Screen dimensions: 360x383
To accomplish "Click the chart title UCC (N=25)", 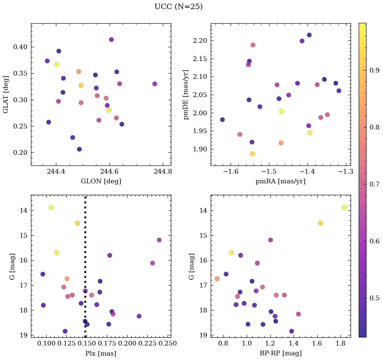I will coord(178,7).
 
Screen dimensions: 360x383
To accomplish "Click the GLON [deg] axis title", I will coord(101,181).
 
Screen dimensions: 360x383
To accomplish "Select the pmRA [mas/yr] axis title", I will coord(281,181).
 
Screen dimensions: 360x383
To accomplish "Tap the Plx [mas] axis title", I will coord(101,353).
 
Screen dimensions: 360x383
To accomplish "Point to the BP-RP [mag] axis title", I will coord(281,353).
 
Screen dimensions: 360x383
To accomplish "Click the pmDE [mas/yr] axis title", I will coord(186,95).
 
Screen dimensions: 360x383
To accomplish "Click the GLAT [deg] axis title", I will coord(6,95).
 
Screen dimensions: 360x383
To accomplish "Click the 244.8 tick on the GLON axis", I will coord(163,171).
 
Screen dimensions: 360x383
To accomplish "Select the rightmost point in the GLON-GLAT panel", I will coord(155,84).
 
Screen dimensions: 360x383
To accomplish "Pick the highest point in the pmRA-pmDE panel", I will coord(309,35).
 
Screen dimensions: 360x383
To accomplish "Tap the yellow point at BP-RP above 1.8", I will coord(344,207).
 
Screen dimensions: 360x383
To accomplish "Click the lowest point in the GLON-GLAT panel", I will coord(79,149).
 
